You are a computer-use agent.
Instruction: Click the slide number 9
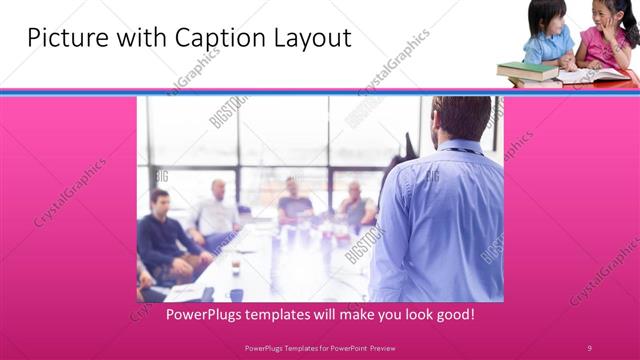(589, 347)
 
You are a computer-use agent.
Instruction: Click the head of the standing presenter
(461, 117)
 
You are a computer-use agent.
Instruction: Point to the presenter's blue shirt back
(440, 220)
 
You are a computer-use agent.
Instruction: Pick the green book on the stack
(526, 69)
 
